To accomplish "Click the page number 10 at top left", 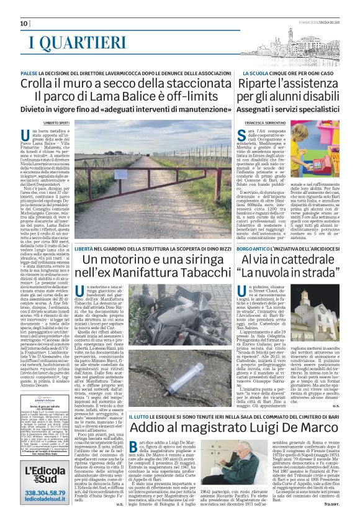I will coord(24,23).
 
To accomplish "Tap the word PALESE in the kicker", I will coord(30,73).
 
